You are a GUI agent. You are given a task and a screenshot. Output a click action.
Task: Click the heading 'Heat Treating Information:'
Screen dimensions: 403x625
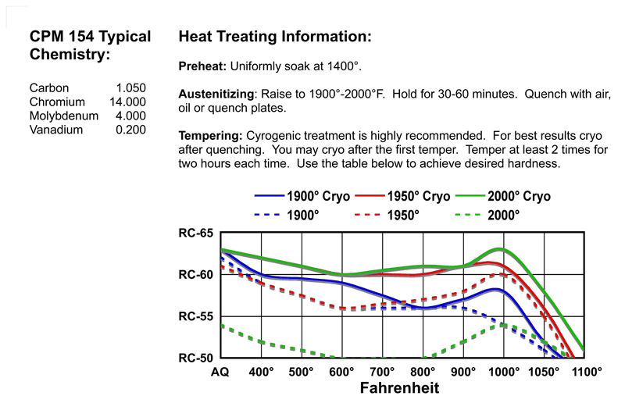pyautogui.click(x=274, y=37)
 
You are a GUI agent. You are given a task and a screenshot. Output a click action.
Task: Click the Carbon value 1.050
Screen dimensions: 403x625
pyautogui.click(x=130, y=88)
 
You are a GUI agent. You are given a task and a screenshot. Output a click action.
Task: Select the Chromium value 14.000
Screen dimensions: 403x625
pyautogui.click(x=127, y=102)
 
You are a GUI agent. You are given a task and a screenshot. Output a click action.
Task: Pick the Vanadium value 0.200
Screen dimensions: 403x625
pyautogui.click(x=130, y=130)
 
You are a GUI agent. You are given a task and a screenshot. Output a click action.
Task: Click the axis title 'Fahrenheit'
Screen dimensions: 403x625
pyautogui.click(x=399, y=387)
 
